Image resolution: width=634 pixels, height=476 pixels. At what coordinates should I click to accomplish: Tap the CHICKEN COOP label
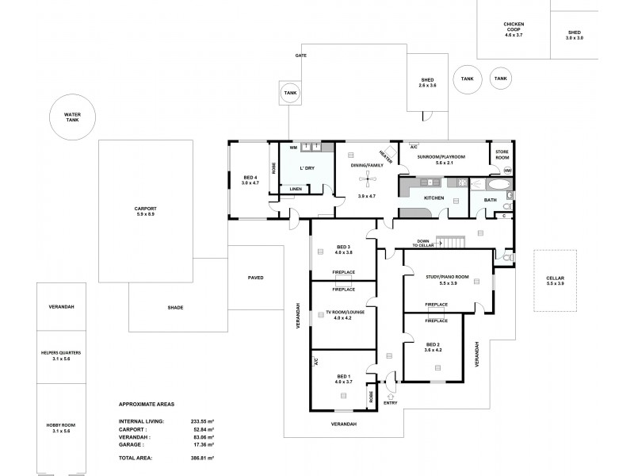514,29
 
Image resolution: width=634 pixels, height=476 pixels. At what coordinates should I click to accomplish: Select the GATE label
301,56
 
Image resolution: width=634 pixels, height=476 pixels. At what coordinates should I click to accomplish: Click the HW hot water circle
508,171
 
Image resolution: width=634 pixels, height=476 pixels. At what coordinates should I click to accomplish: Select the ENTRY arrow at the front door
389,394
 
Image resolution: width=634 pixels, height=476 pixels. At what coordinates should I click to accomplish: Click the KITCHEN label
433,197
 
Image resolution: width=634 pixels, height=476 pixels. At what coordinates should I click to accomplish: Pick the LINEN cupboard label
295,189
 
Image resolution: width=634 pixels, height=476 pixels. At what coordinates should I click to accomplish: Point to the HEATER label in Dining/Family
386,155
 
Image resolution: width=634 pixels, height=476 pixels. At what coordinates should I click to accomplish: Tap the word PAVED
254,278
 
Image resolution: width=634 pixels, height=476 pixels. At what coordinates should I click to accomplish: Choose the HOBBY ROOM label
59,428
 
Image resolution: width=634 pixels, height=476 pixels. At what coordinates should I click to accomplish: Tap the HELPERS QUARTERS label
59,355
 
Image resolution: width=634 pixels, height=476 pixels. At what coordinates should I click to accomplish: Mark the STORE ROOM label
502,155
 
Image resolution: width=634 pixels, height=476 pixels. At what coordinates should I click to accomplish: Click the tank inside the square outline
290,93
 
